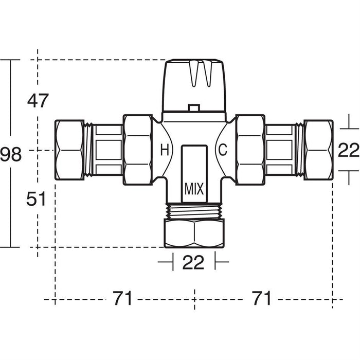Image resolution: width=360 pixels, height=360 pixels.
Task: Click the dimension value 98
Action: click(11, 154)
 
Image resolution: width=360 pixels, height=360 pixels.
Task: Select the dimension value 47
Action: click(38, 101)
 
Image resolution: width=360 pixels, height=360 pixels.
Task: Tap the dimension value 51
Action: click(37, 199)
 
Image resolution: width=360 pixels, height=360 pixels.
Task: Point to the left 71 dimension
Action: click(122, 298)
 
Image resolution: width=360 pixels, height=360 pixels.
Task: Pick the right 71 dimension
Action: click(261, 298)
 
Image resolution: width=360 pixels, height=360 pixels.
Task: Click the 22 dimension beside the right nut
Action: click(349, 151)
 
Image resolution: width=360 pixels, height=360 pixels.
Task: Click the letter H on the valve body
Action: click(164, 150)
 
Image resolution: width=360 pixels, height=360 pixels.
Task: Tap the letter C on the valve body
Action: click(223, 150)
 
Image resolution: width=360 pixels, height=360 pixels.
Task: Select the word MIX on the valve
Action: click(194, 189)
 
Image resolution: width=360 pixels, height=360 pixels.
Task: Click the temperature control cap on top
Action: click(194, 85)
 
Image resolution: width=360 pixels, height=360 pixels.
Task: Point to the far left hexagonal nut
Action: click(69, 150)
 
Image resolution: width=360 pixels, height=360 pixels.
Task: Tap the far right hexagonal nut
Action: click(318, 150)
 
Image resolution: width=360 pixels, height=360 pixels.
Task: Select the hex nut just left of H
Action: click(138, 150)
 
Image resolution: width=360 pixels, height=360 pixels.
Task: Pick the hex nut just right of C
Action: click(250, 150)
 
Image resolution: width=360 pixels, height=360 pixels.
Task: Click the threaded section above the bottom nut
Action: click(194, 211)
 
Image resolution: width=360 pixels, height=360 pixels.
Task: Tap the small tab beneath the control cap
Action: click(194, 108)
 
